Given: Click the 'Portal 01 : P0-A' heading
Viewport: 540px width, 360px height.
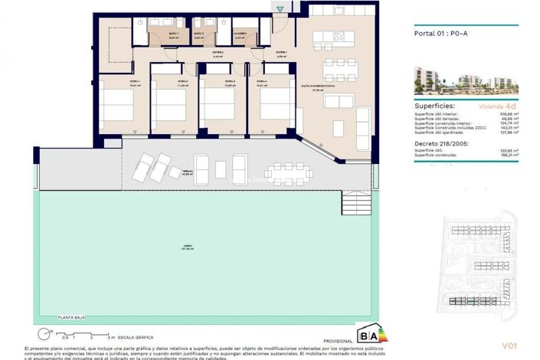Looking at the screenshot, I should [x=441, y=34].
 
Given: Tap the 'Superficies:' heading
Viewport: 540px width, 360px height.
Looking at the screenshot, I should [x=435, y=106].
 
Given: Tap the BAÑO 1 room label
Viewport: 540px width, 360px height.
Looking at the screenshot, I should [x=173, y=35].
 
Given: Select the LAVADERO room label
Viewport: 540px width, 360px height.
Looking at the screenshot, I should [x=239, y=34].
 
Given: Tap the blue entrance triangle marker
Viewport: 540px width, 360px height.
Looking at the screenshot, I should [x=280, y=9].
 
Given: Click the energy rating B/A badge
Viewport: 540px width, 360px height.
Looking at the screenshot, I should [x=368, y=335].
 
